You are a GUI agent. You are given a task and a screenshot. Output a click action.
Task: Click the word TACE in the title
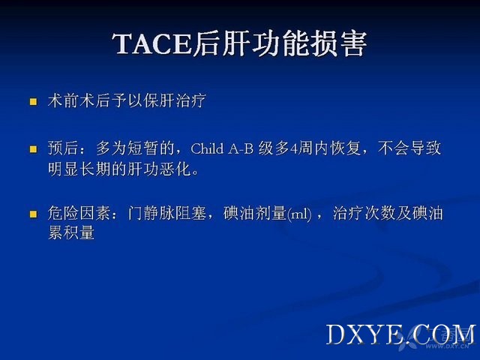coord(152,43)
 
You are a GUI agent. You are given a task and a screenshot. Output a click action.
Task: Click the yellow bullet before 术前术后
coord(33,101)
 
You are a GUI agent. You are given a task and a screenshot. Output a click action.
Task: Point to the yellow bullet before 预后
coord(33,149)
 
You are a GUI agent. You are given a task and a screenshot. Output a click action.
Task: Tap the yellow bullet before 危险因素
coord(33,214)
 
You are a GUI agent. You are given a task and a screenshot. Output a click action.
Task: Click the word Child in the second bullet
coord(207,148)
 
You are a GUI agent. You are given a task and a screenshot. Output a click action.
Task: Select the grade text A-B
coord(241,148)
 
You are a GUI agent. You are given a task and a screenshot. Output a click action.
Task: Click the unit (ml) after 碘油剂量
coord(299,214)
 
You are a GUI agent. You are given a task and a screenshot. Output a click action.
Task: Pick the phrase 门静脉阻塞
coord(166,213)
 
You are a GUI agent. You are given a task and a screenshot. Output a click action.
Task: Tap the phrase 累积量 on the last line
coord(71,232)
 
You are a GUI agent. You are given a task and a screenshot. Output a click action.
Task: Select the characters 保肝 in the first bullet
coord(158,100)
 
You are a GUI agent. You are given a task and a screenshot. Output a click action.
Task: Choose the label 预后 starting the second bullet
coord(63,148)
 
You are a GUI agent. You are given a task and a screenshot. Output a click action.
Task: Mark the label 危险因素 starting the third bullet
coord(79,213)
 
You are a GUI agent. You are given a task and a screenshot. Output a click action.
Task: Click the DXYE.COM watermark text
coord(400,335)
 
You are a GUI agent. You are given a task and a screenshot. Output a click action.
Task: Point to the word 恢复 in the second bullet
coord(346,148)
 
